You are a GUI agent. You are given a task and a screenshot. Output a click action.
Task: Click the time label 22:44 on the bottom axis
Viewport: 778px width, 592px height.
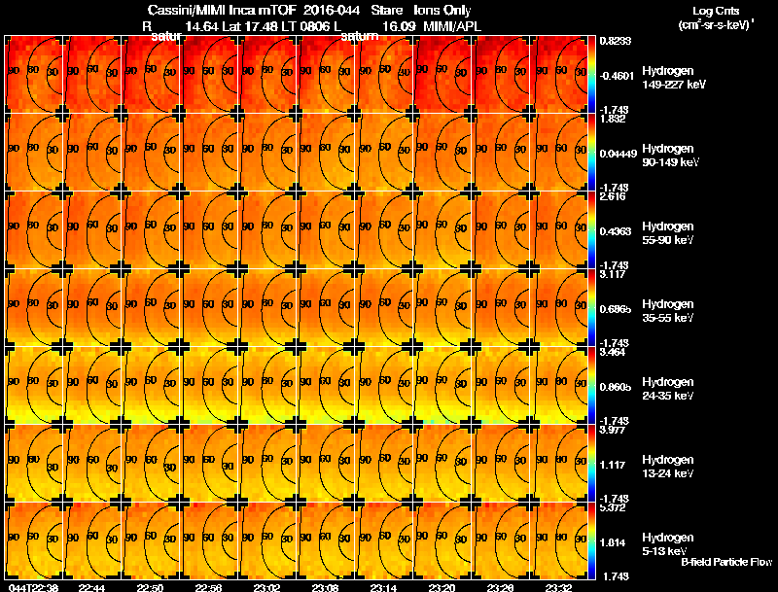point(92,587)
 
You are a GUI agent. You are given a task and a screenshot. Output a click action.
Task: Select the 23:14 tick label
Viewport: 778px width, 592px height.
point(384,587)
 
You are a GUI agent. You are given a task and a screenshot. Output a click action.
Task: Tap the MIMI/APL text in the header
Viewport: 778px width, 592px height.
point(452,26)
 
